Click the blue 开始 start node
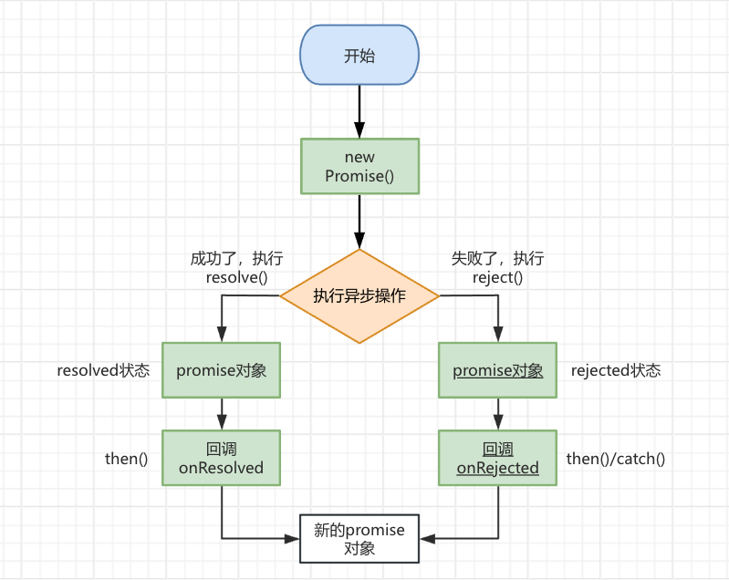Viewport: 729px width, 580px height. (359, 56)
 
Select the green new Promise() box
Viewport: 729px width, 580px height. (359, 166)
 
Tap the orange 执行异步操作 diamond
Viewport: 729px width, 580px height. (359, 296)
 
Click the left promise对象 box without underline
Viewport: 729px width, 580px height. (222, 370)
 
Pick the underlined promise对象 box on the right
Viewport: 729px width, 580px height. (498, 370)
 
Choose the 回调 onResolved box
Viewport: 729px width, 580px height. (222, 458)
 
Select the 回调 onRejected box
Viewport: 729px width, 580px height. (498, 458)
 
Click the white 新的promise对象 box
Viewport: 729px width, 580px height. (359, 539)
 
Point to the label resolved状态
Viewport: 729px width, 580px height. (103, 371)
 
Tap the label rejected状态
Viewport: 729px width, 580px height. (616, 371)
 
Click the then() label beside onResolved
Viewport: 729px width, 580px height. (127, 459)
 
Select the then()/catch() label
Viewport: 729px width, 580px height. (616, 459)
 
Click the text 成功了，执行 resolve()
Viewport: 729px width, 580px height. (230, 268)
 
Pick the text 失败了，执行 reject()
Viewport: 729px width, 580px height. (498, 268)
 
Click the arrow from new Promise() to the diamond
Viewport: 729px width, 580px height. (359, 221)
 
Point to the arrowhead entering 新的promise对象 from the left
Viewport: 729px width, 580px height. (294, 539)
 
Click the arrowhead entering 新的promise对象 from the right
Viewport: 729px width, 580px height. (426, 539)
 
